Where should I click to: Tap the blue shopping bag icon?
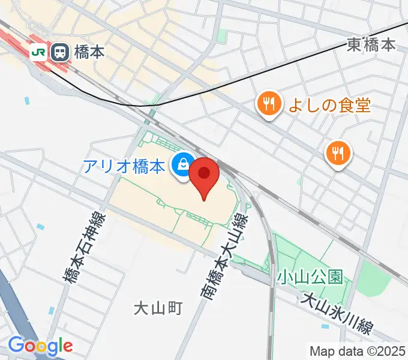[181, 163]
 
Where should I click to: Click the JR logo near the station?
[39, 52]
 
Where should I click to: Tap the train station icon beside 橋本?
[59, 52]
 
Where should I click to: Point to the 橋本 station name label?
[89, 52]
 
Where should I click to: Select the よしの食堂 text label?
[329, 106]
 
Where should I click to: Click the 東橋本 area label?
[371, 44]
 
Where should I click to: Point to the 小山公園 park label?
[310, 277]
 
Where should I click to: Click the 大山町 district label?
[157, 308]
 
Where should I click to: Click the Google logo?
[40, 346]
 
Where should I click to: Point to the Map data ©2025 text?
[358, 351]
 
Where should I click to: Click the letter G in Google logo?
[16, 346]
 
